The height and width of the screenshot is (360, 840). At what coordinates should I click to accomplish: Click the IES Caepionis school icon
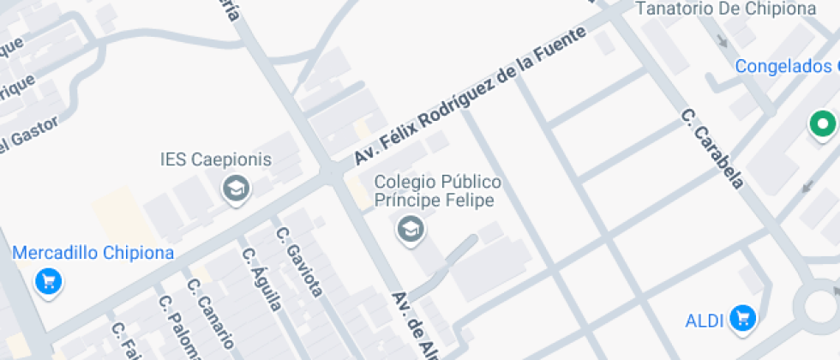click(x=235, y=189)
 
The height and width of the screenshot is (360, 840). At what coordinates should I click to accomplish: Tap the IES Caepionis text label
click(x=215, y=159)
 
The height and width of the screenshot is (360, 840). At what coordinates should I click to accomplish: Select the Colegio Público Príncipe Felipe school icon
click(x=411, y=229)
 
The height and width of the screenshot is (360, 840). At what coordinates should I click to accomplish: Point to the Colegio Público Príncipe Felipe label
click(x=438, y=191)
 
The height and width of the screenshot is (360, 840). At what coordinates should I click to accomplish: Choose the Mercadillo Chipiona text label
click(x=93, y=253)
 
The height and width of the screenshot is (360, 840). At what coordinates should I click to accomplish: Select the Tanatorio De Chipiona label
click(x=725, y=9)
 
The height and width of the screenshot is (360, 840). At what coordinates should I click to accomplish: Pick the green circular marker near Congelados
click(x=824, y=125)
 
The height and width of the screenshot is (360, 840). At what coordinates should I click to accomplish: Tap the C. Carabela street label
click(x=712, y=148)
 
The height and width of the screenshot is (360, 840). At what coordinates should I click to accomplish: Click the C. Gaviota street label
click(x=299, y=262)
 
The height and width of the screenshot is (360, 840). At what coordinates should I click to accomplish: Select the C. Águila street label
click(x=261, y=280)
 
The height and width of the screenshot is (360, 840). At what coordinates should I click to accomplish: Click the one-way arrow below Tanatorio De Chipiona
click(x=722, y=39)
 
